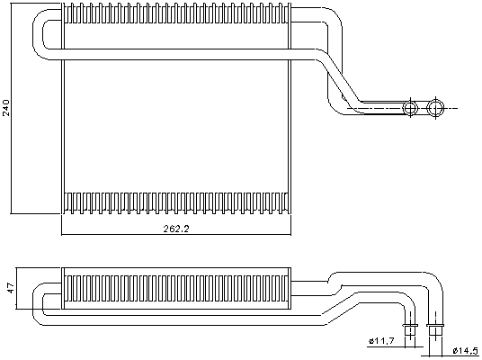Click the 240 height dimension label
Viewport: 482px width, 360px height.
(6, 108)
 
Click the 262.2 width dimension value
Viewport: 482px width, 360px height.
(176, 229)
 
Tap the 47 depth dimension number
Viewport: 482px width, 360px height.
(11, 288)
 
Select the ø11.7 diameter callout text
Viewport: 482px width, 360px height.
(381, 341)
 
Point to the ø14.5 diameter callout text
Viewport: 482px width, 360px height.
(466, 350)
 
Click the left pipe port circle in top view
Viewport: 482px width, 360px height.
(410, 108)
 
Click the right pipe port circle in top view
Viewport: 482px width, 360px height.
(435, 108)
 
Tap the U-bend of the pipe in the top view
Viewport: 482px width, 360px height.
(38, 34)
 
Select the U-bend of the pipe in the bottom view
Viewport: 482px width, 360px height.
(38, 304)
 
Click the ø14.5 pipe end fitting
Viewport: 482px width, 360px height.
(435, 331)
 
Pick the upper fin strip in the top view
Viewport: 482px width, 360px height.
(176, 13)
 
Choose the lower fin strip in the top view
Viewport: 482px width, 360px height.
(176, 203)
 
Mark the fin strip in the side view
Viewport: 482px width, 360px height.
(176, 288)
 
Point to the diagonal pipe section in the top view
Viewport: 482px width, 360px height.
(340, 79)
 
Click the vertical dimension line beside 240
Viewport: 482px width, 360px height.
(11, 108)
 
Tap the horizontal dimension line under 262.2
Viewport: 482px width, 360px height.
(176, 235)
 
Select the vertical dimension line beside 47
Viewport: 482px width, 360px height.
(16, 288)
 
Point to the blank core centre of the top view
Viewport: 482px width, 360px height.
(176, 126)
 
